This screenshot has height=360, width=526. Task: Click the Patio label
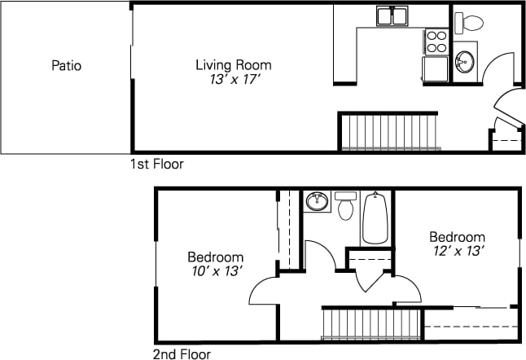[66, 66]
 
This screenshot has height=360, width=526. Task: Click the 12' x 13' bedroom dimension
[458, 252]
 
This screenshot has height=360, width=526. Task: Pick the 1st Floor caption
[156, 164]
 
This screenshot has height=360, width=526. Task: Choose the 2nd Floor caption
[182, 354]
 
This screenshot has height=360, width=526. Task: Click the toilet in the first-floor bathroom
[469, 22]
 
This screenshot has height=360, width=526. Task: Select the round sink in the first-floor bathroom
[465, 62]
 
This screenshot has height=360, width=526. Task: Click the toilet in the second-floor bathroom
[346, 206]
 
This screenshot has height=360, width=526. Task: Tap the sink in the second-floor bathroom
[316, 200]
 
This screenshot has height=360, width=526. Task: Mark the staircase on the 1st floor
[390, 133]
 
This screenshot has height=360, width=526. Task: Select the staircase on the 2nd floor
[371, 323]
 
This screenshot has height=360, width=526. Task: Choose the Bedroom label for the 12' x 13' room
[458, 237]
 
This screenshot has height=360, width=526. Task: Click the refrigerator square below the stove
[435, 68]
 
